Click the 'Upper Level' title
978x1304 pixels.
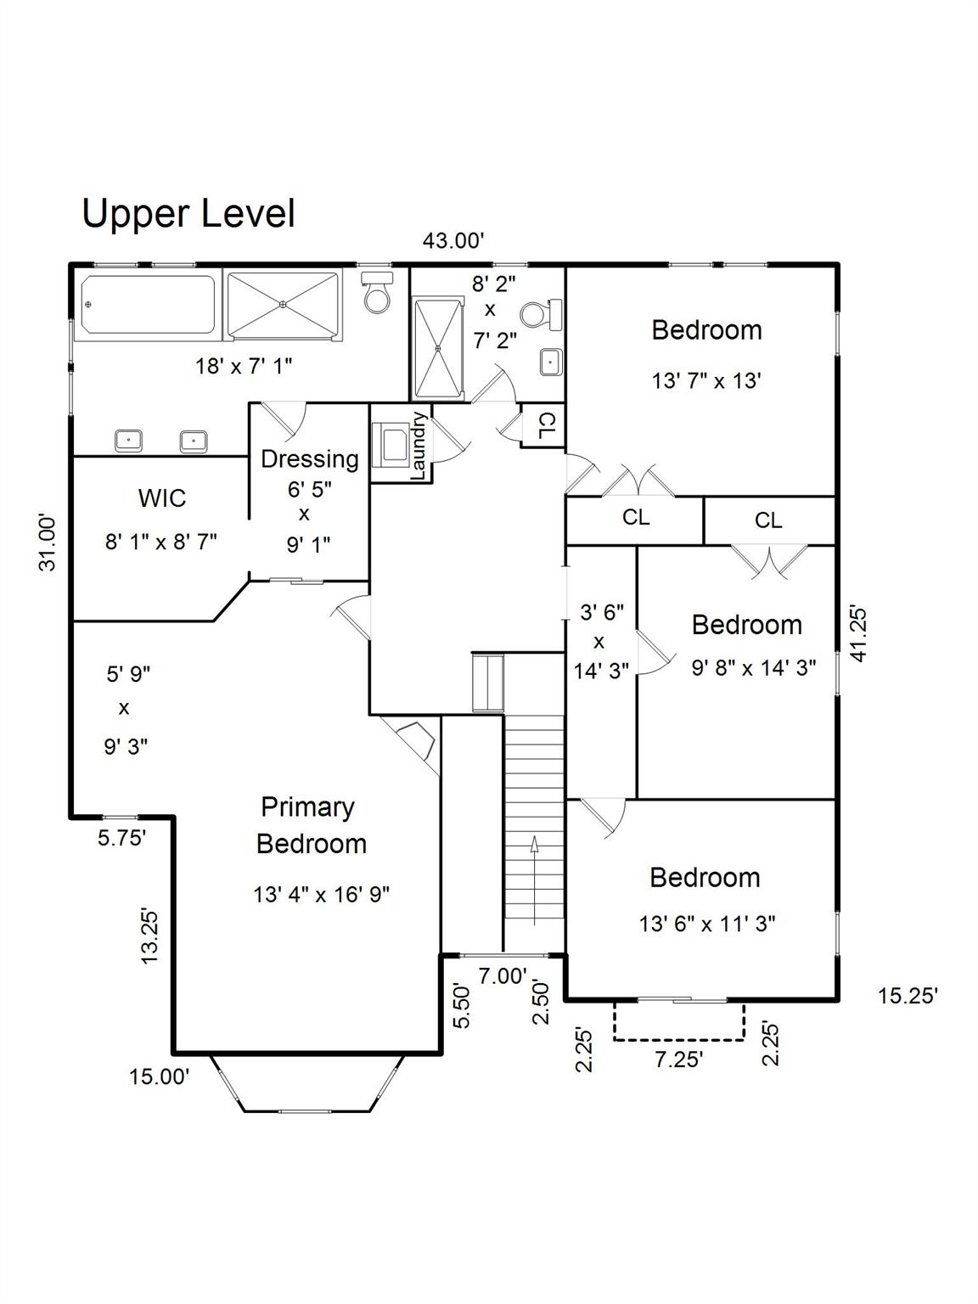tap(188, 213)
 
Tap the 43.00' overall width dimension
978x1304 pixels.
tap(453, 241)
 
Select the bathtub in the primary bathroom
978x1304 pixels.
tap(149, 304)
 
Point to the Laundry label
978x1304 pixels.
tap(418, 446)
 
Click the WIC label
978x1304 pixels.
tap(162, 497)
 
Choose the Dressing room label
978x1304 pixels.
tap(309, 459)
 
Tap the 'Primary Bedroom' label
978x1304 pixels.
tap(311, 825)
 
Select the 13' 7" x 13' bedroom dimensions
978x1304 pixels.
tap(705, 380)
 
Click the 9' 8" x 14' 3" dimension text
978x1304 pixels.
tap(754, 668)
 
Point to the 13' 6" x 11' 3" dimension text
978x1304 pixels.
tap(707, 924)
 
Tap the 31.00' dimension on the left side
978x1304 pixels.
tap(49, 542)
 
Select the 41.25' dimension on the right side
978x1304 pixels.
tap(858, 633)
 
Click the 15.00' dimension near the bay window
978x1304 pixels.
tap(159, 1077)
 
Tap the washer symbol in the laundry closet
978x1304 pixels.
tap(393, 444)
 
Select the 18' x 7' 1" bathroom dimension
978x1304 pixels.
tap(244, 367)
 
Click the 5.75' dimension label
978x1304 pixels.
tap(122, 839)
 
